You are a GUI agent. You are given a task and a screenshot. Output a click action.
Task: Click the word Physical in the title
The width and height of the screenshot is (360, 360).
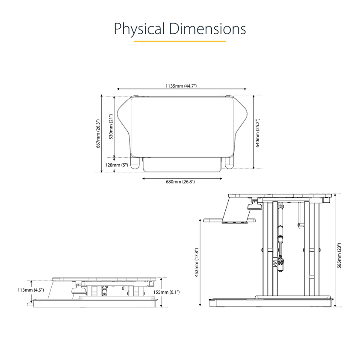(139, 29)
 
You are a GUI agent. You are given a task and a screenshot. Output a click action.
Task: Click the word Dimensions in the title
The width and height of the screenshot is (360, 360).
(207, 29)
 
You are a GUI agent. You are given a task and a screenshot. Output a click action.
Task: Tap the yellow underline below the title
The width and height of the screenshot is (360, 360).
(180, 41)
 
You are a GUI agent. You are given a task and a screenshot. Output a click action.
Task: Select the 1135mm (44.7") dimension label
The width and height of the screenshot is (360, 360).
(181, 86)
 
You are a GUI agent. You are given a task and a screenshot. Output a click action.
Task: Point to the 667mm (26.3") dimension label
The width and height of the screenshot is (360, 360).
(98, 134)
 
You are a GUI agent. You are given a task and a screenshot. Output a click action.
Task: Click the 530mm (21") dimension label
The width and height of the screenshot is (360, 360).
(111, 127)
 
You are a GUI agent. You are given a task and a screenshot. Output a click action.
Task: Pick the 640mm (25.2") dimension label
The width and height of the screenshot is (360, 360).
(257, 133)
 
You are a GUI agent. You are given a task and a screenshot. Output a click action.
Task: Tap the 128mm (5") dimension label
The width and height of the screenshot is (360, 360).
(116, 165)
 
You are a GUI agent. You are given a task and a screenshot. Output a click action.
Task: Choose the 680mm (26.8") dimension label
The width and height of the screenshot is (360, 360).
(180, 182)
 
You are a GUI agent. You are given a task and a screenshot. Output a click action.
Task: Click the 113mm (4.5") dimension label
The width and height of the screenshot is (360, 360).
(31, 290)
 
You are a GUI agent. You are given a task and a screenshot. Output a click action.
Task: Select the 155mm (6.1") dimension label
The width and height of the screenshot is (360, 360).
(166, 292)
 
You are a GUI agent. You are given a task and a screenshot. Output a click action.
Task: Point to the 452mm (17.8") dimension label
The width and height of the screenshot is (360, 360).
(197, 263)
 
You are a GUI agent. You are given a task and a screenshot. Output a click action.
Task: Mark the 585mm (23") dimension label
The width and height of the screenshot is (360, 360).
(339, 256)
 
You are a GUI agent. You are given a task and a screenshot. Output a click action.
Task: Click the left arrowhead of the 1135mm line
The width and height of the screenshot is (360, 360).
(118, 89)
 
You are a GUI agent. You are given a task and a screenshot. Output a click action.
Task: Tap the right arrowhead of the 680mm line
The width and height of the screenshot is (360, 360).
(221, 178)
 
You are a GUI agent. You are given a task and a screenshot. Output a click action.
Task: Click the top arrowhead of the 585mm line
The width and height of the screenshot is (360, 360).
(335, 195)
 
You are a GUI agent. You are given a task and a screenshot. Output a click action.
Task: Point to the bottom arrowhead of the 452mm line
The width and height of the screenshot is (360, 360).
(200, 305)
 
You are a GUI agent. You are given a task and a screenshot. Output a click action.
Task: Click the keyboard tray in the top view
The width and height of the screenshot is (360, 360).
(182, 165)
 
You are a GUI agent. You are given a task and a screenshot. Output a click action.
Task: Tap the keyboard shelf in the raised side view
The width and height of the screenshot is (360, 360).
(229, 221)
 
